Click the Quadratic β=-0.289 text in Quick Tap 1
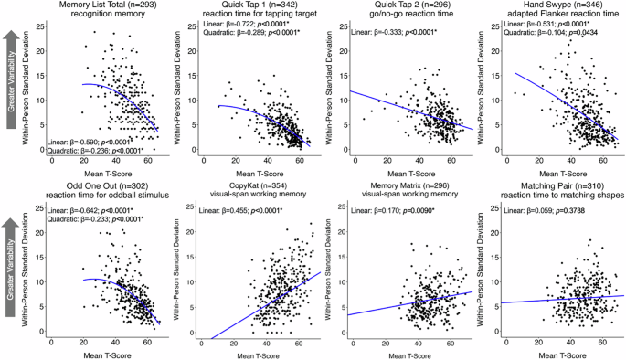click(239, 41)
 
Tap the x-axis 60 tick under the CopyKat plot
click(295, 341)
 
